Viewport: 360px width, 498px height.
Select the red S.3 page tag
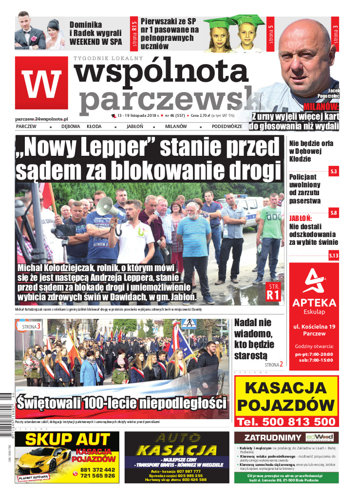point(334,171)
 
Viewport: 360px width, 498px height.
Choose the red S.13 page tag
point(334,256)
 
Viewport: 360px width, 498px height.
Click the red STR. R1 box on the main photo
point(273,292)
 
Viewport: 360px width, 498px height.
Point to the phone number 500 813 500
point(286,421)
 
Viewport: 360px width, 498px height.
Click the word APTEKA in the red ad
point(314,302)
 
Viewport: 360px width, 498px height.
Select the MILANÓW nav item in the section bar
point(176,126)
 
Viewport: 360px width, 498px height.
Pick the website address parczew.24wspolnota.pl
point(41,118)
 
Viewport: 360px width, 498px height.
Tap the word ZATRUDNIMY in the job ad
point(269,437)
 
